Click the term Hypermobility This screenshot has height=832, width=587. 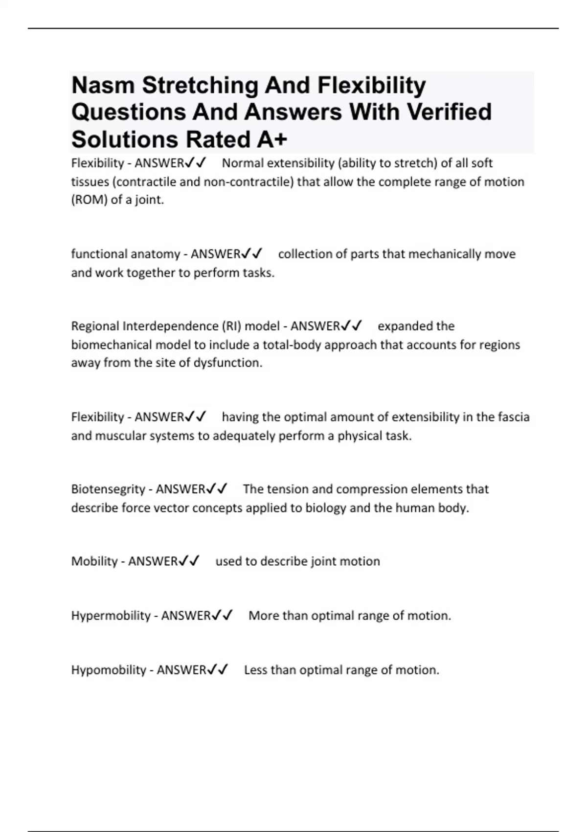[111, 615]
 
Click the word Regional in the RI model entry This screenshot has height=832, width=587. [95, 326]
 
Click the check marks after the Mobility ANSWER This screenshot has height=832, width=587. [189, 561]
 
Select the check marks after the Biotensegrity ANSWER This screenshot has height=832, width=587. [217, 489]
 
